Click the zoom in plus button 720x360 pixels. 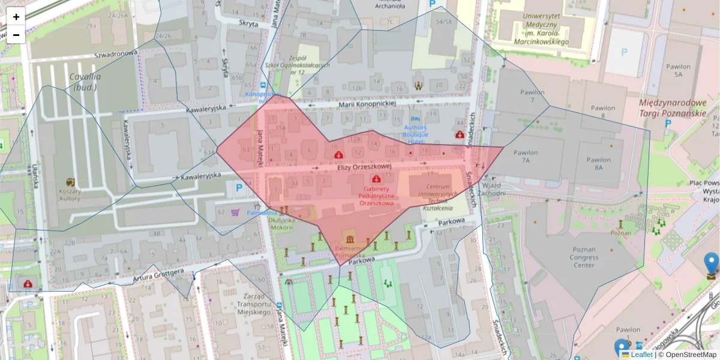16,17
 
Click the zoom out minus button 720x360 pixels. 16,35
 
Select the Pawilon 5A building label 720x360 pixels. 678,71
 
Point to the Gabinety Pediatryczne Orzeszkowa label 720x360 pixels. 376,196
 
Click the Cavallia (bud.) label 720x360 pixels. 85,82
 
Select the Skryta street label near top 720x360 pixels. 248,24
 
